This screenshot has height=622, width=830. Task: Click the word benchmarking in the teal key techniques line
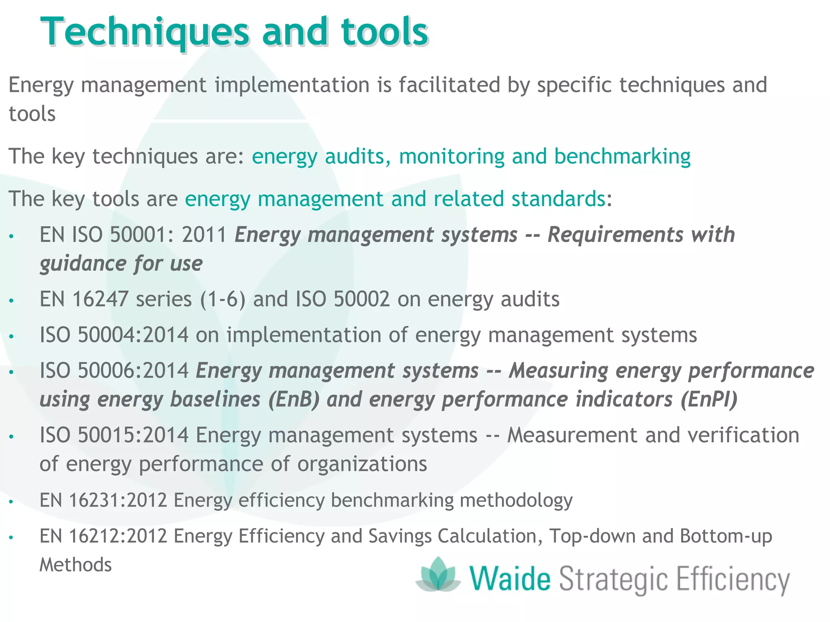[622, 156]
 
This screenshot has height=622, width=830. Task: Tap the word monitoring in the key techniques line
[451, 156]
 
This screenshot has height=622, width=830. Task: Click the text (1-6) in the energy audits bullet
[223, 300]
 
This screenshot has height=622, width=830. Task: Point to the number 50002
[362, 299]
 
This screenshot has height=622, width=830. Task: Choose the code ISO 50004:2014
[114, 335]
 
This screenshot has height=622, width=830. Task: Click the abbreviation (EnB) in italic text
[294, 399]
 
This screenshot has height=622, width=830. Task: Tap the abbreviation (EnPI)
[709, 399]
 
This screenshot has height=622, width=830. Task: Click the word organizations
[362, 464]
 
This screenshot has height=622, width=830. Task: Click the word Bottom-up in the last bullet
[726, 536]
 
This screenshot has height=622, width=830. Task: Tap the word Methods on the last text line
[75, 564]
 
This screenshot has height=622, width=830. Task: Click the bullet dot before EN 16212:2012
[11, 538]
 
